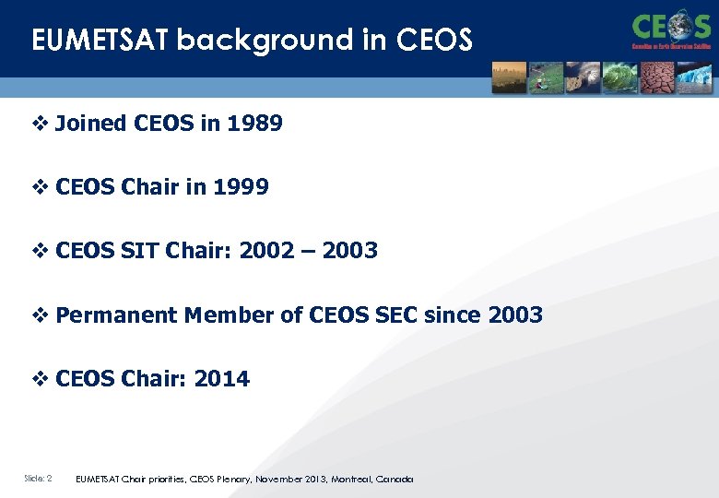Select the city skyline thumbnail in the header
click(509, 77)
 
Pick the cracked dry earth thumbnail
click(657, 77)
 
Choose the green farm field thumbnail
click(546, 77)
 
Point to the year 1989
click(254, 124)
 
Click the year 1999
click(241, 187)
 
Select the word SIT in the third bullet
click(138, 251)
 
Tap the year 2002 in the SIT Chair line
click(267, 251)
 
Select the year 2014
click(221, 379)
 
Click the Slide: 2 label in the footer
click(38, 479)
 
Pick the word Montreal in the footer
click(354, 480)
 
